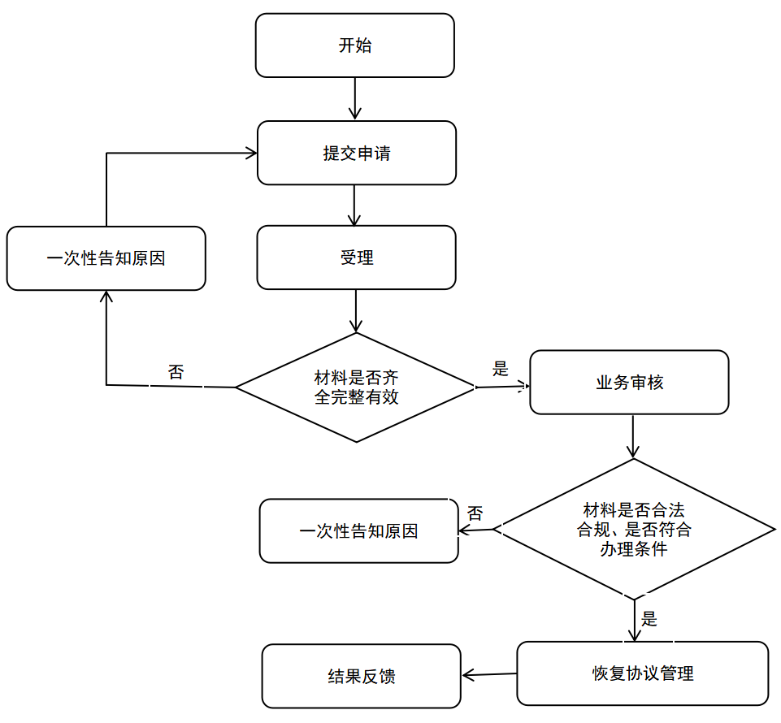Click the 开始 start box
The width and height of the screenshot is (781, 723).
pyautogui.click(x=354, y=45)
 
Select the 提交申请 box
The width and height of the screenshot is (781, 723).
pyautogui.click(x=357, y=153)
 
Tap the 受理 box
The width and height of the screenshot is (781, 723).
pyautogui.click(x=356, y=258)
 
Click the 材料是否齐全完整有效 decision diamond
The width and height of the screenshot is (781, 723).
pyautogui.click(x=356, y=387)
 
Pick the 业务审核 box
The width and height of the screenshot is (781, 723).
pyautogui.click(x=629, y=383)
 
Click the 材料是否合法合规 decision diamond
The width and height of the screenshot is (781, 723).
pyautogui.click(x=634, y=530)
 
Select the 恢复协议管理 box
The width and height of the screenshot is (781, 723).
pyautogui.click(x=643, y=673)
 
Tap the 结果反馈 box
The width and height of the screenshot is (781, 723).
pyautogui.click(x=361, y=676)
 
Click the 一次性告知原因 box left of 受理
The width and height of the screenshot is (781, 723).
pyautogui.click(x=106, y=258)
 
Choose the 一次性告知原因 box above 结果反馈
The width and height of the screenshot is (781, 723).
pyautogui.click(x=358, y=531)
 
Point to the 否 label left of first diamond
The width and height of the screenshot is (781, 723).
pyautogui.click(x=176, y=372)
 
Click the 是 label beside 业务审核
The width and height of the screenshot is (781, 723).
pyautogui.click(x=500, y=369)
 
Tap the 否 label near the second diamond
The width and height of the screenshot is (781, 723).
pyautogui.click(x=475, y=513)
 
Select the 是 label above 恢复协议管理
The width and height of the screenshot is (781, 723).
pyautogui.click(x=649, y=619)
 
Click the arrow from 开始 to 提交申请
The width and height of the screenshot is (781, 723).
pyautogui.click(x=354, y=98)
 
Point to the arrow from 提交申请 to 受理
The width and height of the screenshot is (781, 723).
pyautogui.click(x=354, y=206)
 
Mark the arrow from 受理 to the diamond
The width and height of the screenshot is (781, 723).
pyautogui.click(x=356, y=310)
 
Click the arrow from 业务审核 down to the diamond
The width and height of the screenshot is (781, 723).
pyautogui.click(x=632, y=436)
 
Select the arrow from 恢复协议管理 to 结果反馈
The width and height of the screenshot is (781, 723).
pyautogui.click(x=489, y=675)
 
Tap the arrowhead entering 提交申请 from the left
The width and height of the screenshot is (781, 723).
pyautogui.click(x=251, y=153)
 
